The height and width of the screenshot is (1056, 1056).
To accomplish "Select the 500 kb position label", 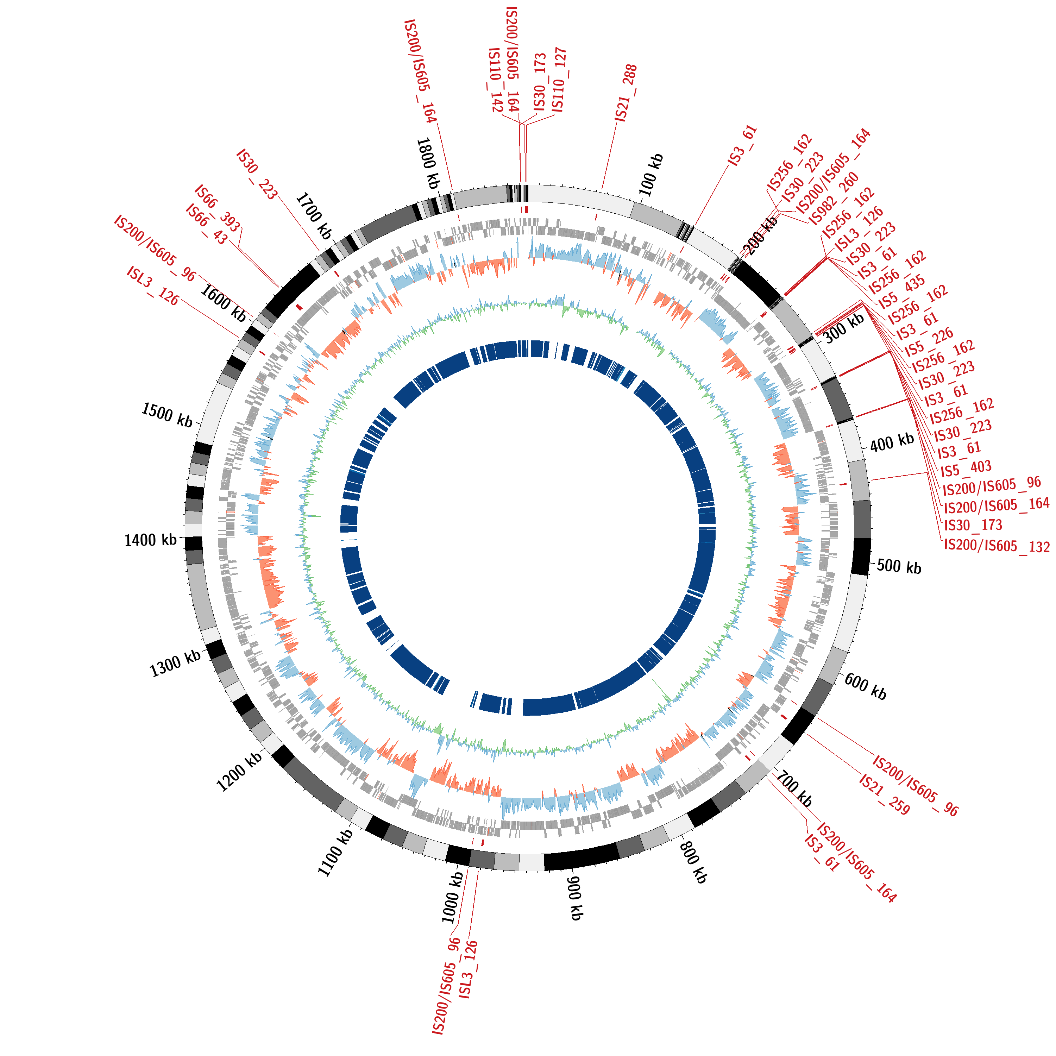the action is (x=899, y=567).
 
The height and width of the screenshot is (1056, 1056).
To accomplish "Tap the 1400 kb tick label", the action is (x=150, y=540).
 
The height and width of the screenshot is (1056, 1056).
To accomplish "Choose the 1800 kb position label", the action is (x=428, y=163).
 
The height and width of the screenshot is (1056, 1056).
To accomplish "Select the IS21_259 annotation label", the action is (x=884, y=794).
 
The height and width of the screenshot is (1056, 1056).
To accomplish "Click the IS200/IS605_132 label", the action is (x=997, y=546).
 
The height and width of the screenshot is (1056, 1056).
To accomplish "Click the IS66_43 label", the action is (x=206, y=224).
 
